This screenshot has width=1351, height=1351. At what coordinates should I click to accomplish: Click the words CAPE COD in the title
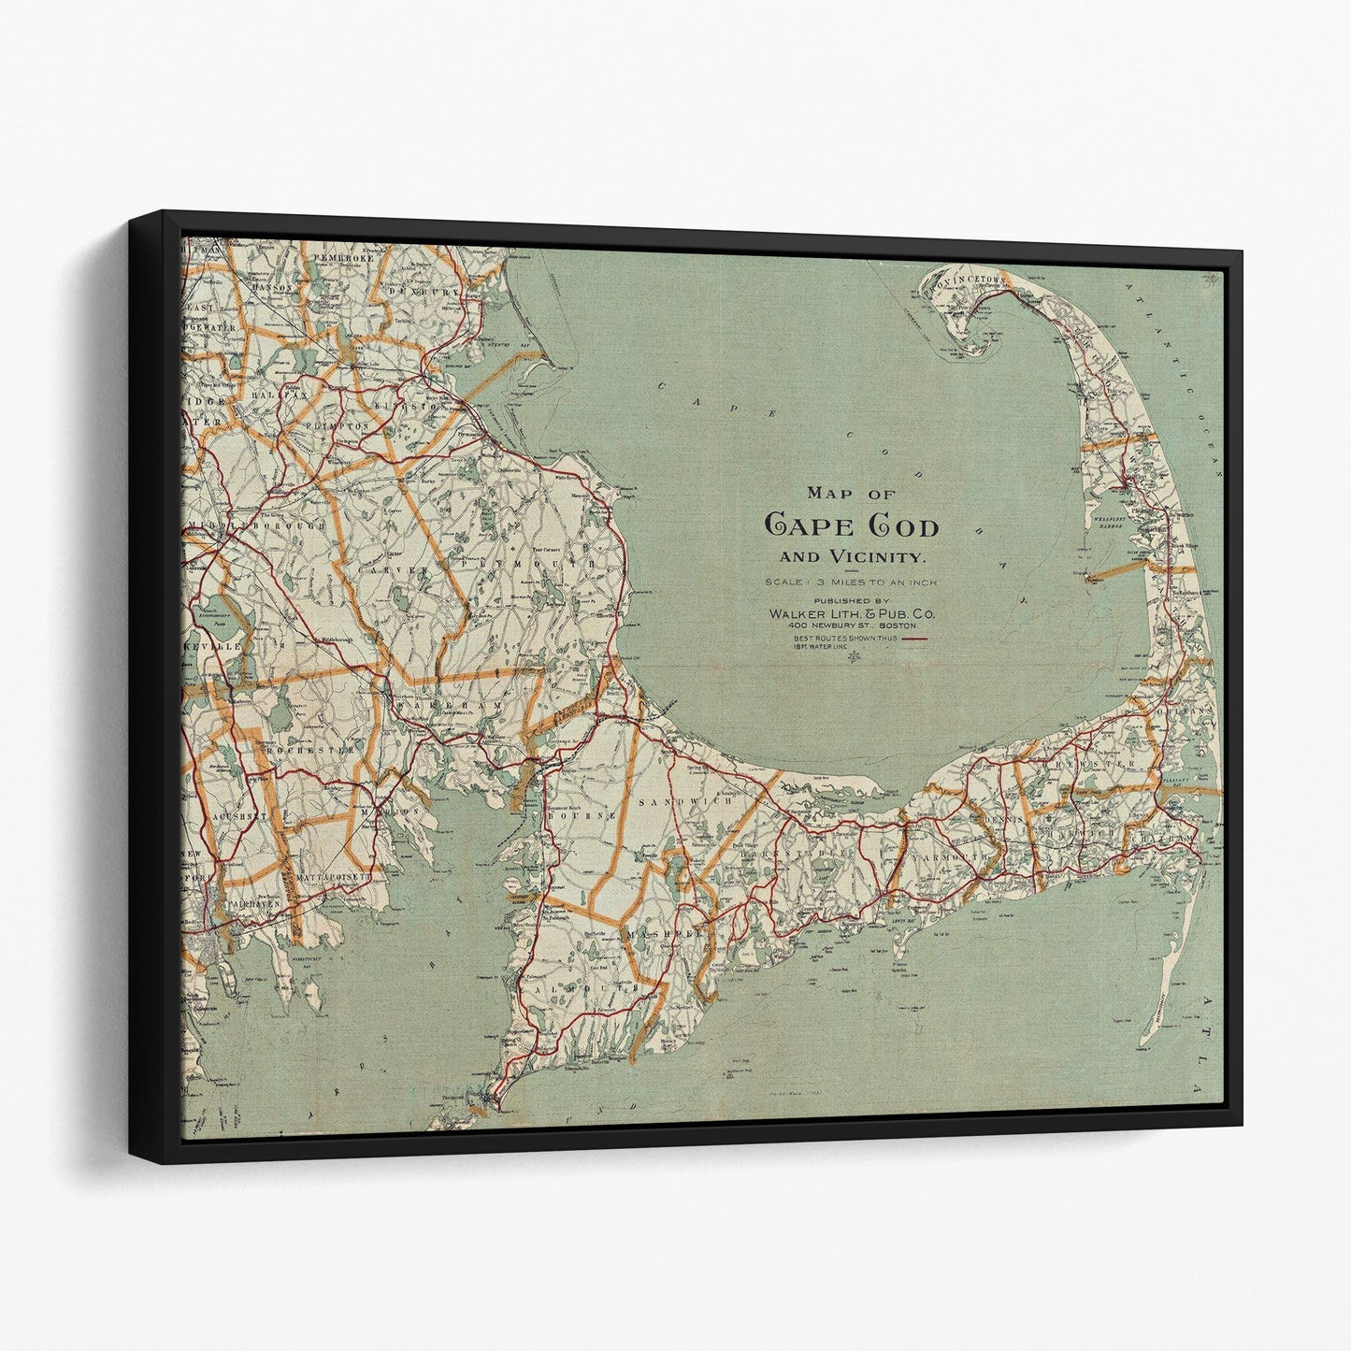click(x=852, y=526)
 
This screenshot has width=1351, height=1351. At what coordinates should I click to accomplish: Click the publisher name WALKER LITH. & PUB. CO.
click(x=851, y=613)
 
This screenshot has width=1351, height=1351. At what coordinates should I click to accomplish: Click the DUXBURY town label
click(x=431, y=266)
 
